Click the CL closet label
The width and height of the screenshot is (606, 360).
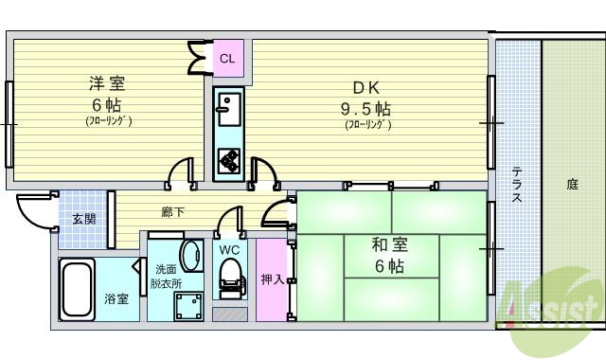pos(227,59)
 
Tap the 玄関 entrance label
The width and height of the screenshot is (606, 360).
pos(83,219)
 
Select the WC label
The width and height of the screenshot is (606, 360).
pos(229,249)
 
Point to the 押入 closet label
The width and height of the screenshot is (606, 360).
pos(270,279)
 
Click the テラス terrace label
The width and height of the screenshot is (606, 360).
pos(518,185)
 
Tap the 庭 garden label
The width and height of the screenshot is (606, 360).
pos(573,185)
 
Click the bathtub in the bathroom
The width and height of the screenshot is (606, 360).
pos(76,291)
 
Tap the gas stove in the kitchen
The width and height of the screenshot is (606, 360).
pos(228,161)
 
